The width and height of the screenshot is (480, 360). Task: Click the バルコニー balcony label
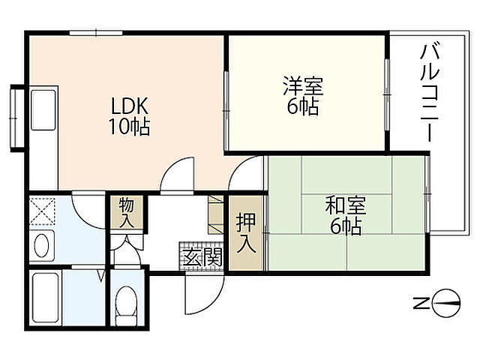428,93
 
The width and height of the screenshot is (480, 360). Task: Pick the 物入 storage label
126,212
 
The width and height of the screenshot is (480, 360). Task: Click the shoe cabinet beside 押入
216,214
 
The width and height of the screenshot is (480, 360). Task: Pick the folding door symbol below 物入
125,244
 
